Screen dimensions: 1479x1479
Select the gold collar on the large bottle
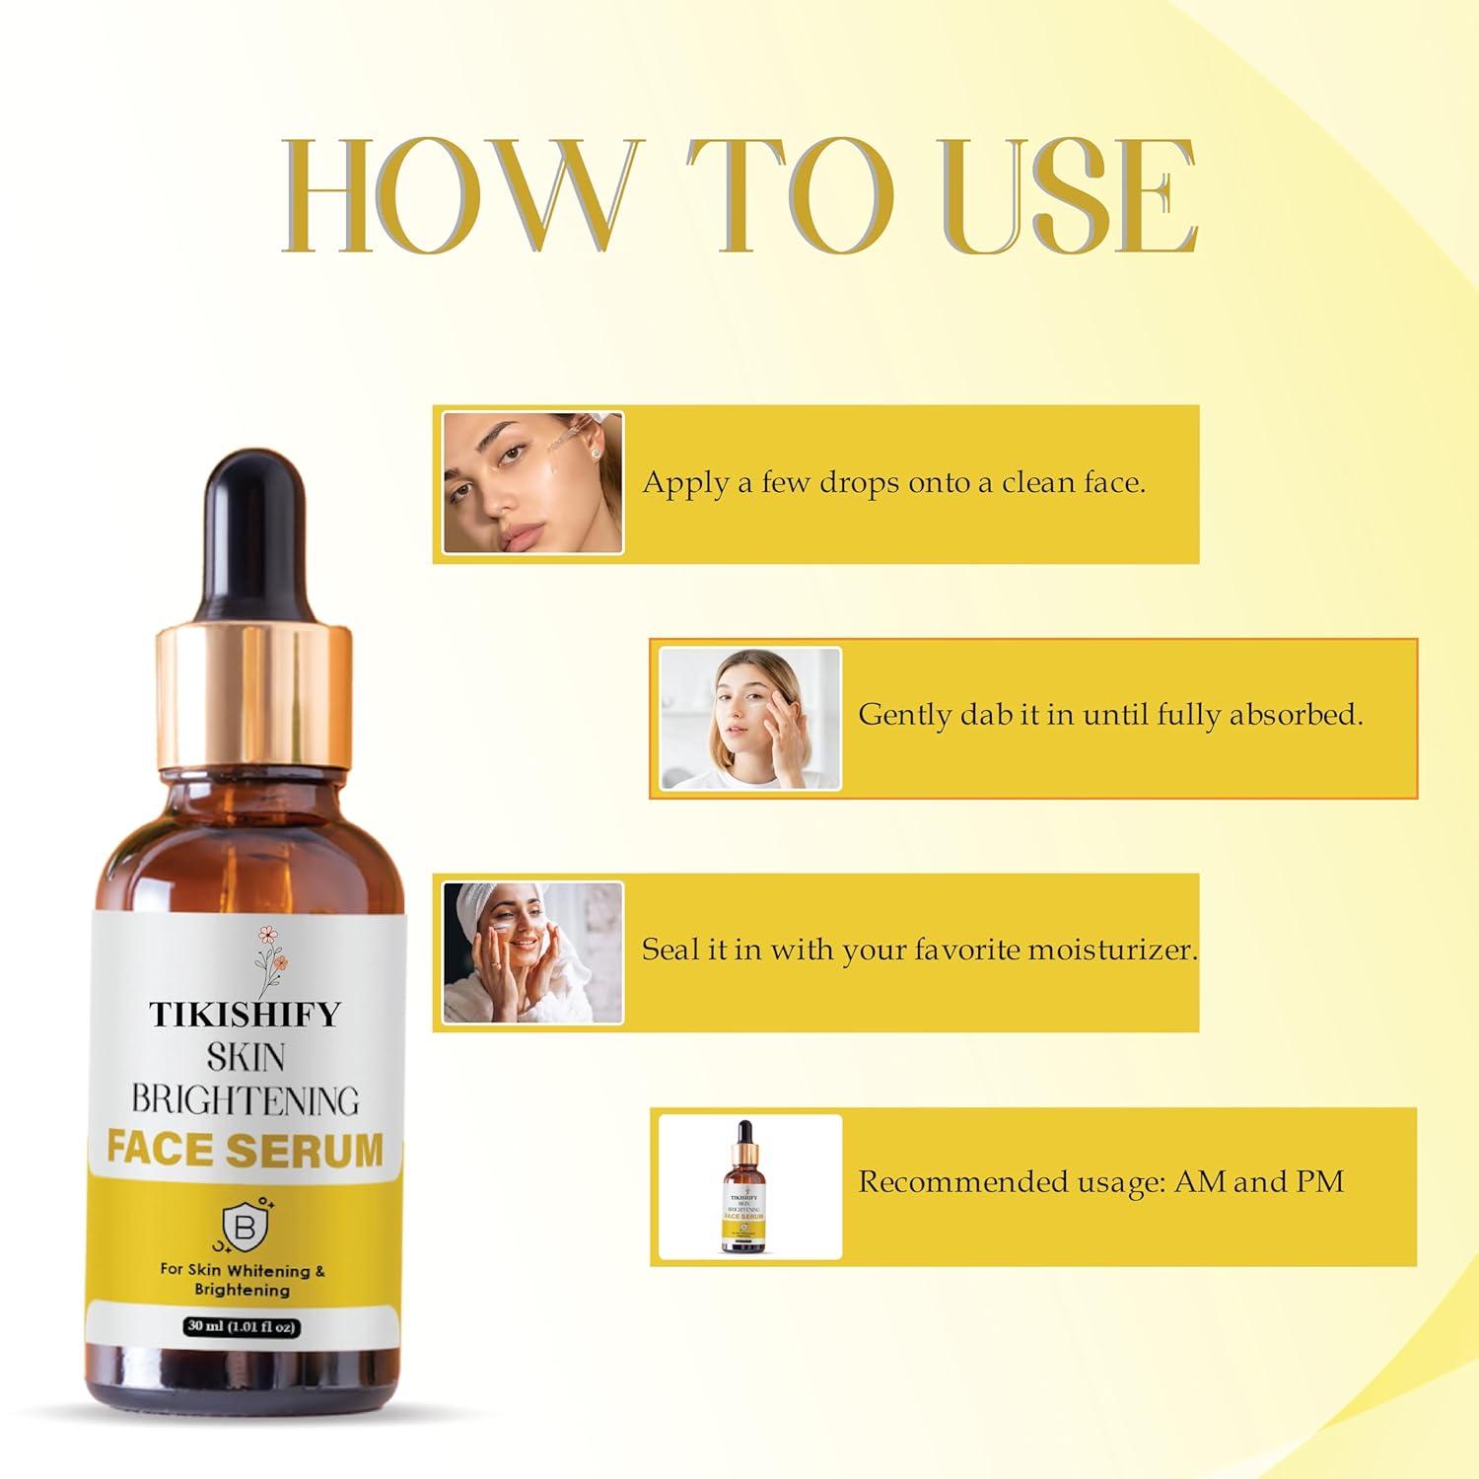[253, 695]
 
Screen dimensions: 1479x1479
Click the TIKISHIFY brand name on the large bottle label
[245, 1015]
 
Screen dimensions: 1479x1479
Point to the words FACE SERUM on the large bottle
[245, 1150]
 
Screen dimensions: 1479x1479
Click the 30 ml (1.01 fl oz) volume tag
[242, 1326]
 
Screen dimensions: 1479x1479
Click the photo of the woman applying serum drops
[532, 483]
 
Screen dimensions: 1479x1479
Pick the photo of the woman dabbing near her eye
[749, 718]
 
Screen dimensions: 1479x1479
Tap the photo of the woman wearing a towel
[532, 952]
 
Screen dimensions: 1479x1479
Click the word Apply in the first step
[686, 483]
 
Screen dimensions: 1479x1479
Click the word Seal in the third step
[671, 950]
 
